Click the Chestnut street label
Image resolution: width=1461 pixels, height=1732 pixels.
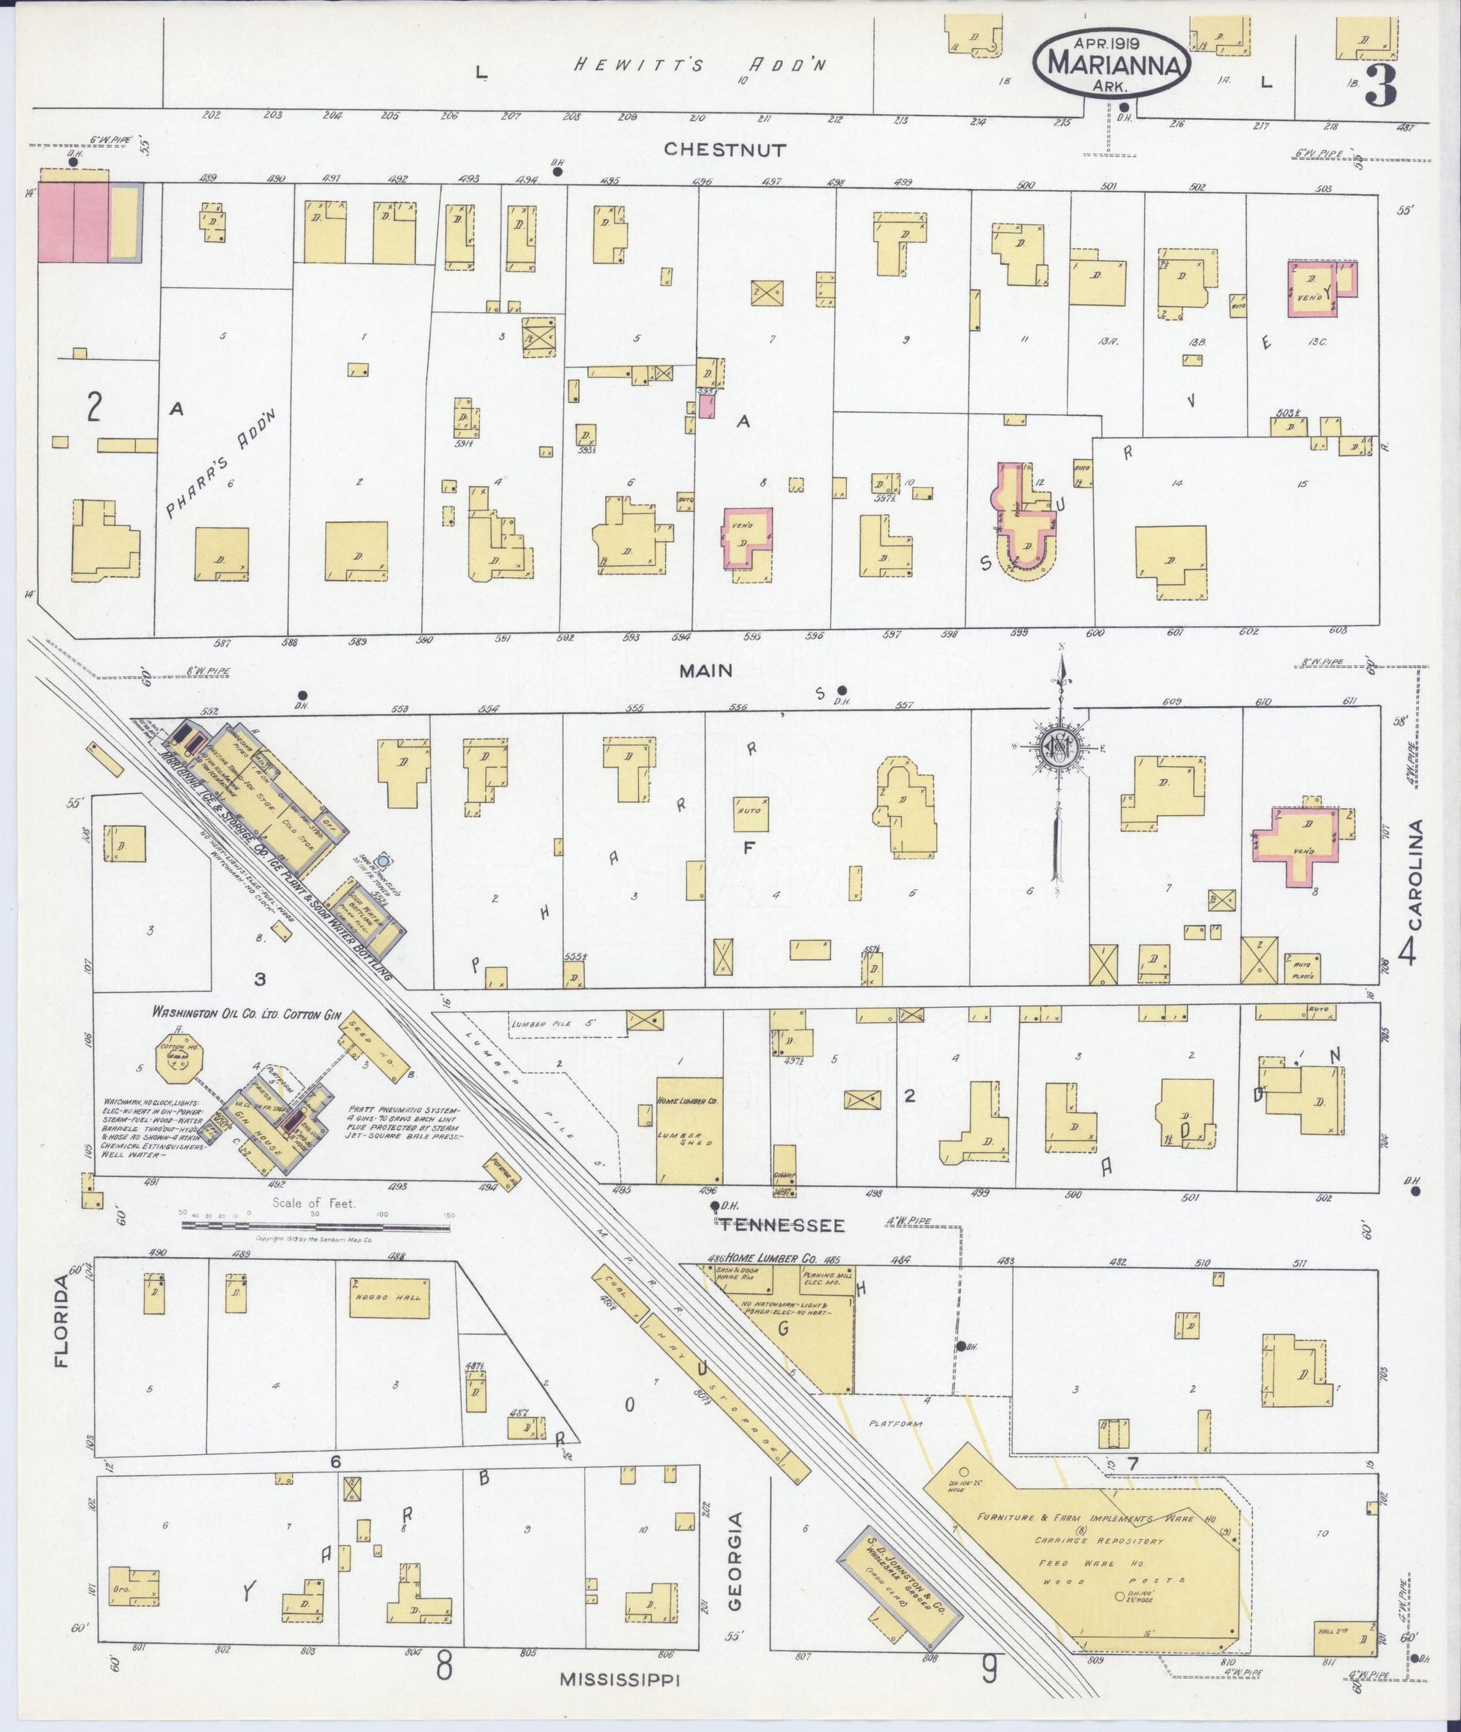click(x=724, y=150)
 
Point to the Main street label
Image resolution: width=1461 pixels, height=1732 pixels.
click(x=706, y=671)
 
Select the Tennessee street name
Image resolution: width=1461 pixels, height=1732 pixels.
click(x=781, y=1225)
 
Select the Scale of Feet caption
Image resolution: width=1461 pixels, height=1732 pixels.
click(x=314, y=1203)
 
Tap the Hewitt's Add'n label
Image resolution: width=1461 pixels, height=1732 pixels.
click(x=700, y=65)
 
